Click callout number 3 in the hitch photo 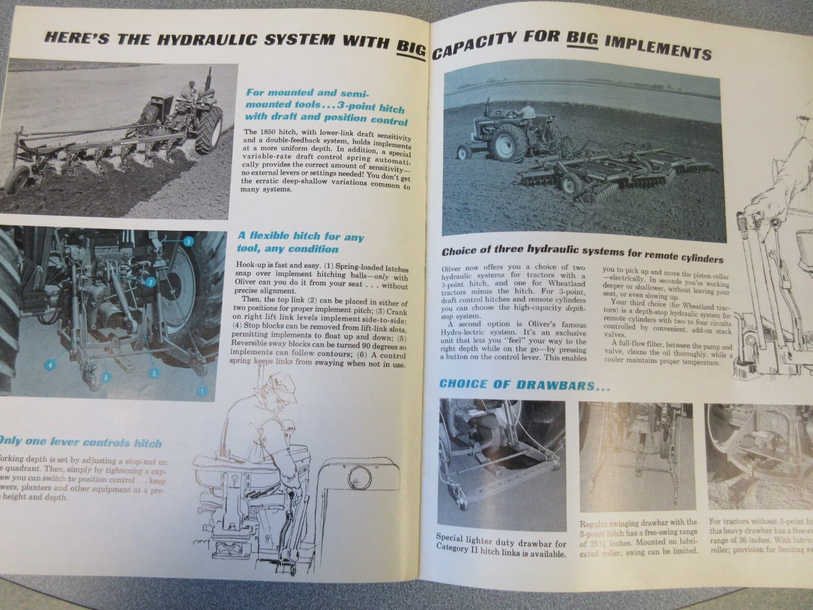[x=188, y=242]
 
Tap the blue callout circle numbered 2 [x=150, y=282]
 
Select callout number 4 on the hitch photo [x=51, y=364]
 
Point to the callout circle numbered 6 [x=105, y=377]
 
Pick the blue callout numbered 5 [x=152, y=373]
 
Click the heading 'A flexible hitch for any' [x=301, y=236]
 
